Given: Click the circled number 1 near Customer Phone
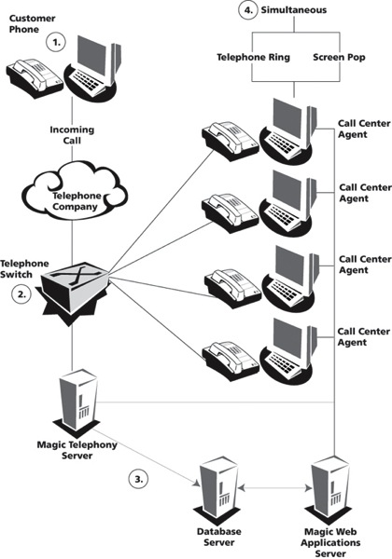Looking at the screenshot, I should coord(57,42).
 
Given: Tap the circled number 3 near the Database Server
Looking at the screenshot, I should coord(139,479).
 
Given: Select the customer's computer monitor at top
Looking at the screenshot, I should coord(100,63).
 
